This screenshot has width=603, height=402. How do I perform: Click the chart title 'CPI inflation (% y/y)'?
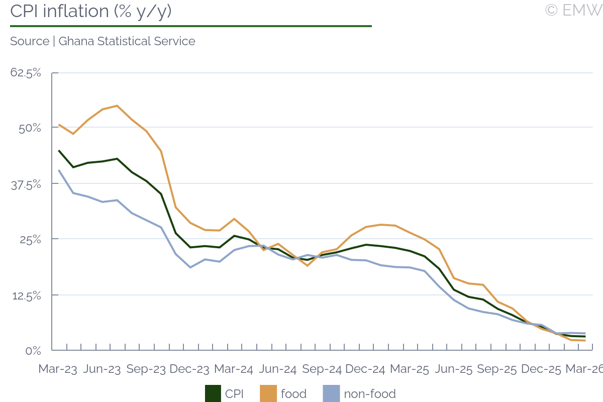[91, 11]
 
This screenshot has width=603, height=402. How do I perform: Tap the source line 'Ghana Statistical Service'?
[103, 41]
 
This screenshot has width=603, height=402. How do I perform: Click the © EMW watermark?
[573, 10]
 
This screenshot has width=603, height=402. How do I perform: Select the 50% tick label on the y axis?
[30, 128]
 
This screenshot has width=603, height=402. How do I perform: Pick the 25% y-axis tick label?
[30, 240]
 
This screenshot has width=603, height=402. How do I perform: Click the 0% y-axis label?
[33, 350]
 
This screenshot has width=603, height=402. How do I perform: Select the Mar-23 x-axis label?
[58, 369]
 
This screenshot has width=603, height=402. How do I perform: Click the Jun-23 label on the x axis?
[102, 369]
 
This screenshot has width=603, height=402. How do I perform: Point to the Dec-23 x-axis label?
[189, 369]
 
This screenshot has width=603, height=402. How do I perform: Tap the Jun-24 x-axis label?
[277, 369]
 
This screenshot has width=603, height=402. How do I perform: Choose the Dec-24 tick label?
[365, 369]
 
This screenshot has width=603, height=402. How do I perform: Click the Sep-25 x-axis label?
[497, 369]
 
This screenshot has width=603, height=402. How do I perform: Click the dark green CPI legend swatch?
[213, 393]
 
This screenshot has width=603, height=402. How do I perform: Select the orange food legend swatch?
[268, 393]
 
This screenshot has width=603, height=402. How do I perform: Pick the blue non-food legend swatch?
[331, 393]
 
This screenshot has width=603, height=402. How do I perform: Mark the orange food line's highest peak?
[117, 106]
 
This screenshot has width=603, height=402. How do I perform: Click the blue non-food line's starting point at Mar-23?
[59, 170]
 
